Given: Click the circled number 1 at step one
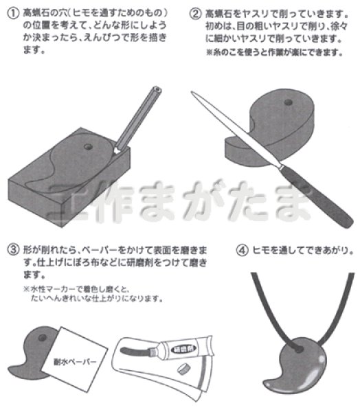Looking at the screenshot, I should click(12, 12).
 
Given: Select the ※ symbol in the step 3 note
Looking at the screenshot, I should click(27, 288).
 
